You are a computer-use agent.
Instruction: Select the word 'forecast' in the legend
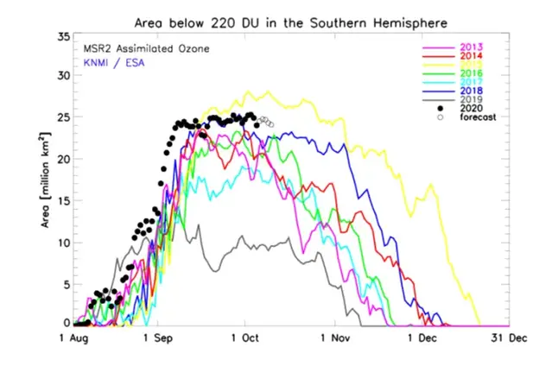tap(479, 118)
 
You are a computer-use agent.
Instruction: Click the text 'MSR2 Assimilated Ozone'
tap(134, 48)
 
